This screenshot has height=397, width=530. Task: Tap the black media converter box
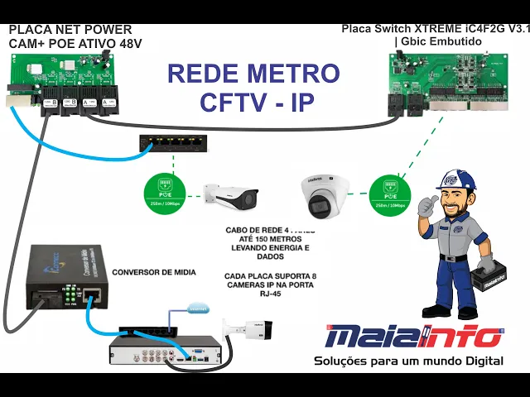tap(65, 277)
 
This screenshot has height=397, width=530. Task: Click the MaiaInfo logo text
tap(412, 337)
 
